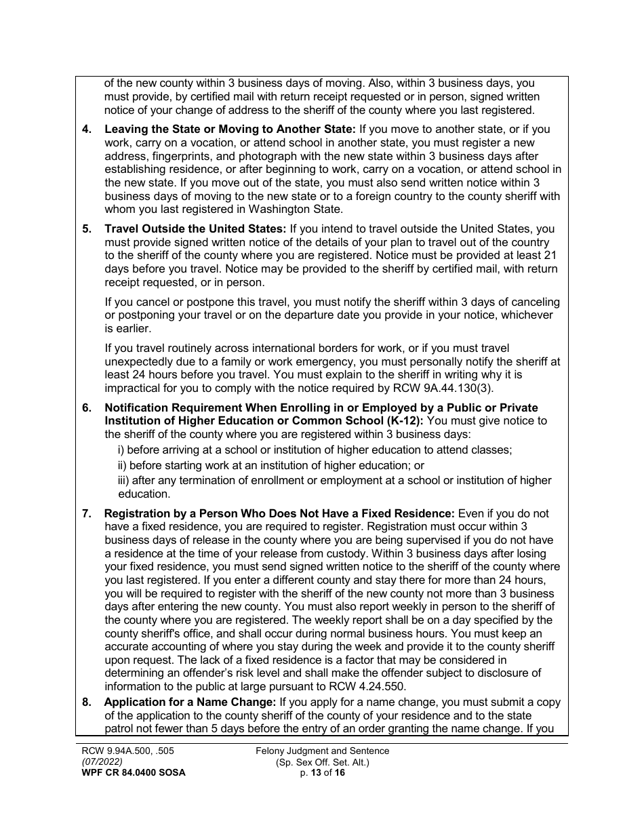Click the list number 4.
click(86, 130)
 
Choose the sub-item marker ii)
click(122, 465)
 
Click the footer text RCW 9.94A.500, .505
click(128, 751)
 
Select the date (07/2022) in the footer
click(101, 761)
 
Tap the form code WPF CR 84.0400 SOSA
click(131, 772)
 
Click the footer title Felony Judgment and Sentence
click(322, 751)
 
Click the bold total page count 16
click(339, 772)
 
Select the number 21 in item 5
click(551, 256)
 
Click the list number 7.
click(86, 513)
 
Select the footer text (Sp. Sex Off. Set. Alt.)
click(322, 762)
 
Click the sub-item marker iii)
click(123, 481)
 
